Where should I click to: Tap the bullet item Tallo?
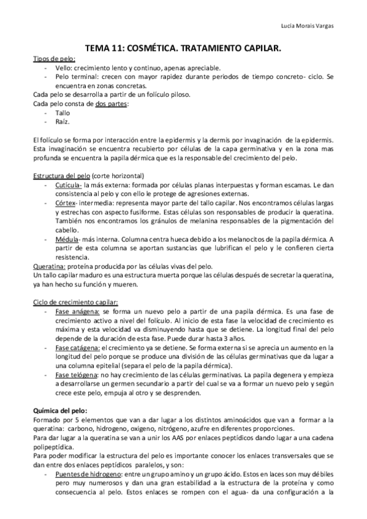click(62, 113)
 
